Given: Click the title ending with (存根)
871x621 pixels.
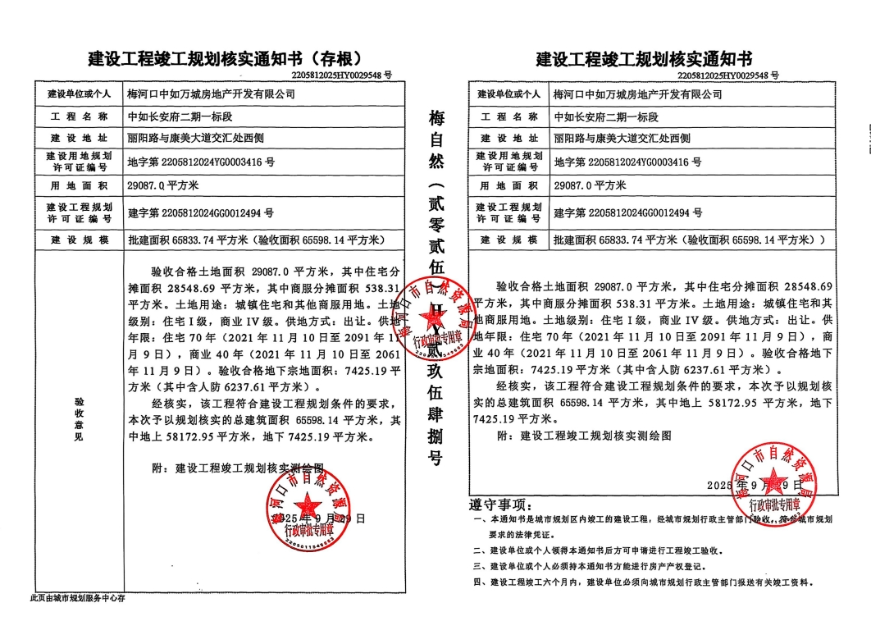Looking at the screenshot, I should [x=224, y=59].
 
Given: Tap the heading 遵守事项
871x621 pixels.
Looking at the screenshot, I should [x=500, y=503].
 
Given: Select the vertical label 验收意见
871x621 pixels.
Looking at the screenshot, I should [x=79, y=419].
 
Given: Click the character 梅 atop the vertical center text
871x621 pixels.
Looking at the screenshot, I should [x=436, y=118].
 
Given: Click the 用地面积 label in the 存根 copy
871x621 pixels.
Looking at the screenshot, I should [x=79, y=186].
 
